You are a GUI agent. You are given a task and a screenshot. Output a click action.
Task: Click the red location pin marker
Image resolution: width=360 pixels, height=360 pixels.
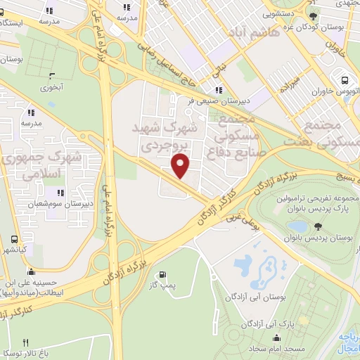(x=181, y=166)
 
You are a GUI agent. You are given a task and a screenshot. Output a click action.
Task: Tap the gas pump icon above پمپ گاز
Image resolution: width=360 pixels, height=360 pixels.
(x=163, y=274)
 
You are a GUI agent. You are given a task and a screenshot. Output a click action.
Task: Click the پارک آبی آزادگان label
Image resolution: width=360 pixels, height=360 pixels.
(x=266, y=323)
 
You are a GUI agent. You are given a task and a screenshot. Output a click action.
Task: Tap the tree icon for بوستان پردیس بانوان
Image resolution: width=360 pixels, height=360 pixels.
(x=318, y=226)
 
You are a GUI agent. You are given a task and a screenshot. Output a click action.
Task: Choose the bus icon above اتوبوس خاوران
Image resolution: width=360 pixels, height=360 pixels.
(x=345, y=81)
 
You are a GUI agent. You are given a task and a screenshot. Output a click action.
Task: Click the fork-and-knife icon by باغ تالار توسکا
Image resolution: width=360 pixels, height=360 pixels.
(x=26, y=342)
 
